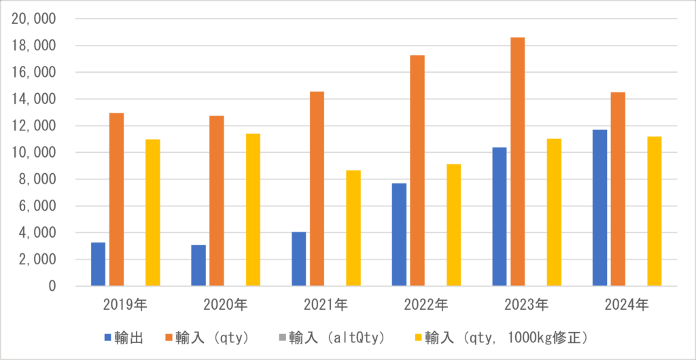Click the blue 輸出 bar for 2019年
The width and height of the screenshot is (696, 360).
click(x=98, y=264)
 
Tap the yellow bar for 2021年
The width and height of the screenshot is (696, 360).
click(x=353, y=228)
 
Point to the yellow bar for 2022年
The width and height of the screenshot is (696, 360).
click(x=453, y=225)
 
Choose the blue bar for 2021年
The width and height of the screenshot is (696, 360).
click(x=299, y=259)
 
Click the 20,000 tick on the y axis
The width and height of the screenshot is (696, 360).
click(x=33, y=19)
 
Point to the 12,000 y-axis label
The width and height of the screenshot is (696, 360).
click(x=33, y=126)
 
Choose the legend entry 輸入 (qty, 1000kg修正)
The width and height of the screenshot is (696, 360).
click(x=503, y=337)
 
